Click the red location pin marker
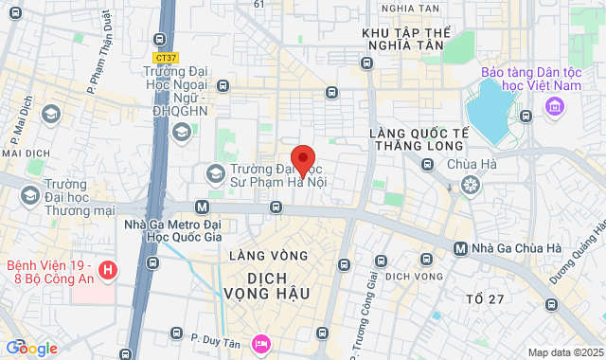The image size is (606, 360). [302, 160]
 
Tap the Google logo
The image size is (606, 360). [31, 349]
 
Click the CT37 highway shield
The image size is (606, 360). [166, 59]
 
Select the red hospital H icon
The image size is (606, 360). [108, 272]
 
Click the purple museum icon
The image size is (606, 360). [552, 113]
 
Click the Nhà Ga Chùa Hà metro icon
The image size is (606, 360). [459, 249]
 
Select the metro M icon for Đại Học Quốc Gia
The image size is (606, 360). [202, 207]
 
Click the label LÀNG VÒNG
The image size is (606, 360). [268, 256]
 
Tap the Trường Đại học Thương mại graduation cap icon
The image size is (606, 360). [29, 193]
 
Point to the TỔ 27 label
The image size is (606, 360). [486, 299]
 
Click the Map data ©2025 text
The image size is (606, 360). [564, 352]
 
